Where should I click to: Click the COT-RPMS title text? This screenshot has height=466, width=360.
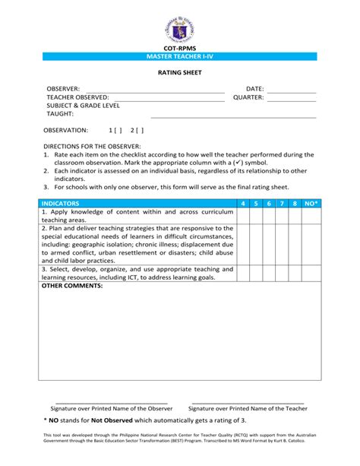click(180, 48)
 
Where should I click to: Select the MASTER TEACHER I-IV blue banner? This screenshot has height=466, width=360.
click(180, 58)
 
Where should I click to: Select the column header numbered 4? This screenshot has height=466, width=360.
click(243, 204)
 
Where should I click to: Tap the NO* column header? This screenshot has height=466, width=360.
click(311, 204)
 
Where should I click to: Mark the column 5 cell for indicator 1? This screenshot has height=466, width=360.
click(256, 215)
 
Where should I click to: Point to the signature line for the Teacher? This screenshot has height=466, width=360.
click(248, 402)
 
